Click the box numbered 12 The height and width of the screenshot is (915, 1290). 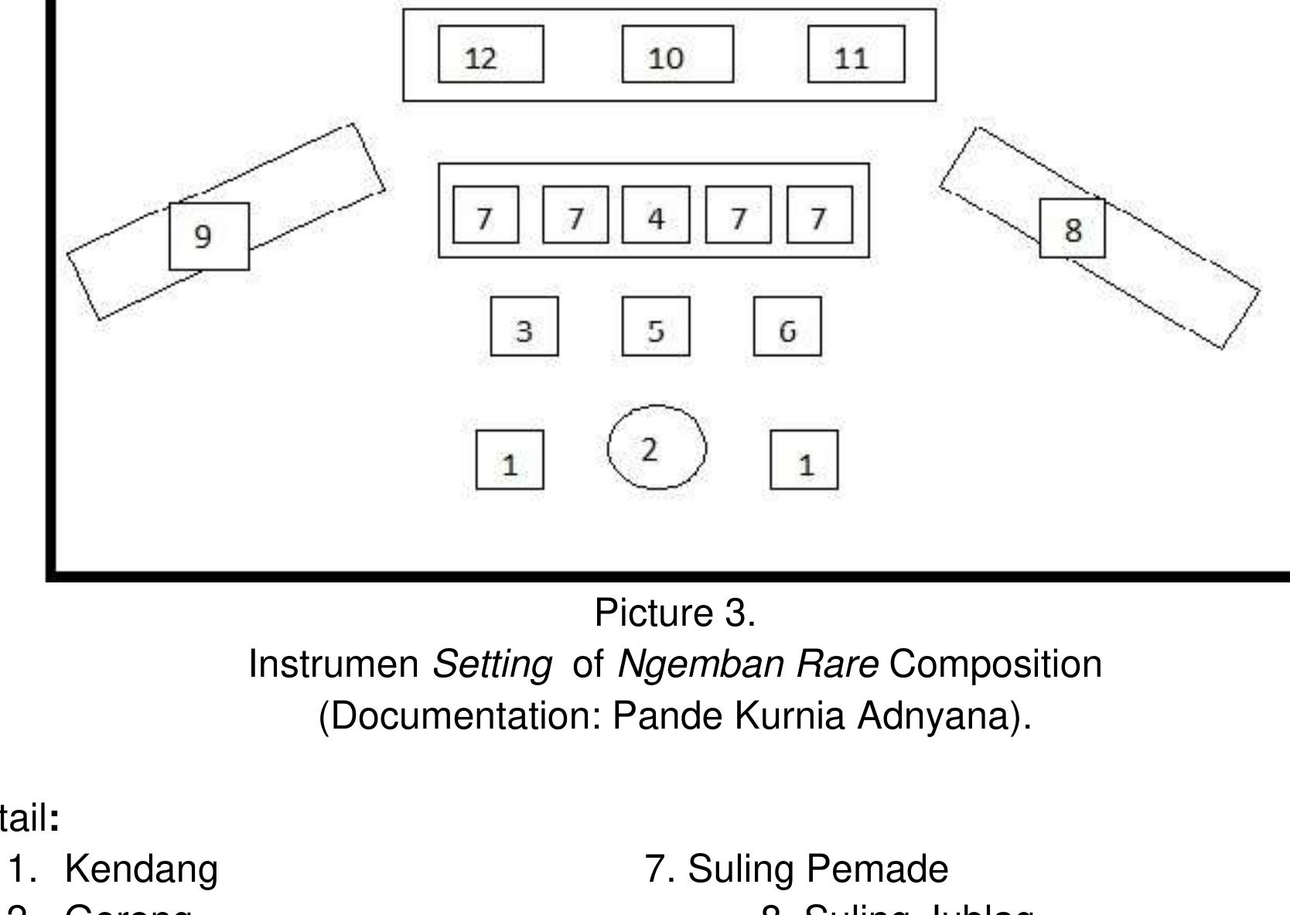(490, 54)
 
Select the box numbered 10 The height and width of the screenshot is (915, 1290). (677, 54)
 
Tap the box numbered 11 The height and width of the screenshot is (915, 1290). (856, 54)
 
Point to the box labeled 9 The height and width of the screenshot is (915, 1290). (209, 237)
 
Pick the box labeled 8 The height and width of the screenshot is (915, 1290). (1072, 228)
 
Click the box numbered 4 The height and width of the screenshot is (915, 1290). (656, 215)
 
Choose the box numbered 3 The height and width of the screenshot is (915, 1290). (524, 326)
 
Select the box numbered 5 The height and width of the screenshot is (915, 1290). (656, 326)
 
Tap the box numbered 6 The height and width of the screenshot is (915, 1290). (787, 326)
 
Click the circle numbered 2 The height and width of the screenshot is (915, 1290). (657, 447)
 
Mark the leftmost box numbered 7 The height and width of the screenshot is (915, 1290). (486, 215)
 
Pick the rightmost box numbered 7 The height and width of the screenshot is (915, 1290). (820, 215)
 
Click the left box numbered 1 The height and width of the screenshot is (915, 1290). (510, 460)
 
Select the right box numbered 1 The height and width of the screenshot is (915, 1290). (804, 460)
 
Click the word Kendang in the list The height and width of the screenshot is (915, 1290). (142, 869)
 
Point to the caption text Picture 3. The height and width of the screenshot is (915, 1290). (674, 613)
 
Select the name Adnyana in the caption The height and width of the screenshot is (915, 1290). (944, 716)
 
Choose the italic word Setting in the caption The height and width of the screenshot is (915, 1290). (493, 664)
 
